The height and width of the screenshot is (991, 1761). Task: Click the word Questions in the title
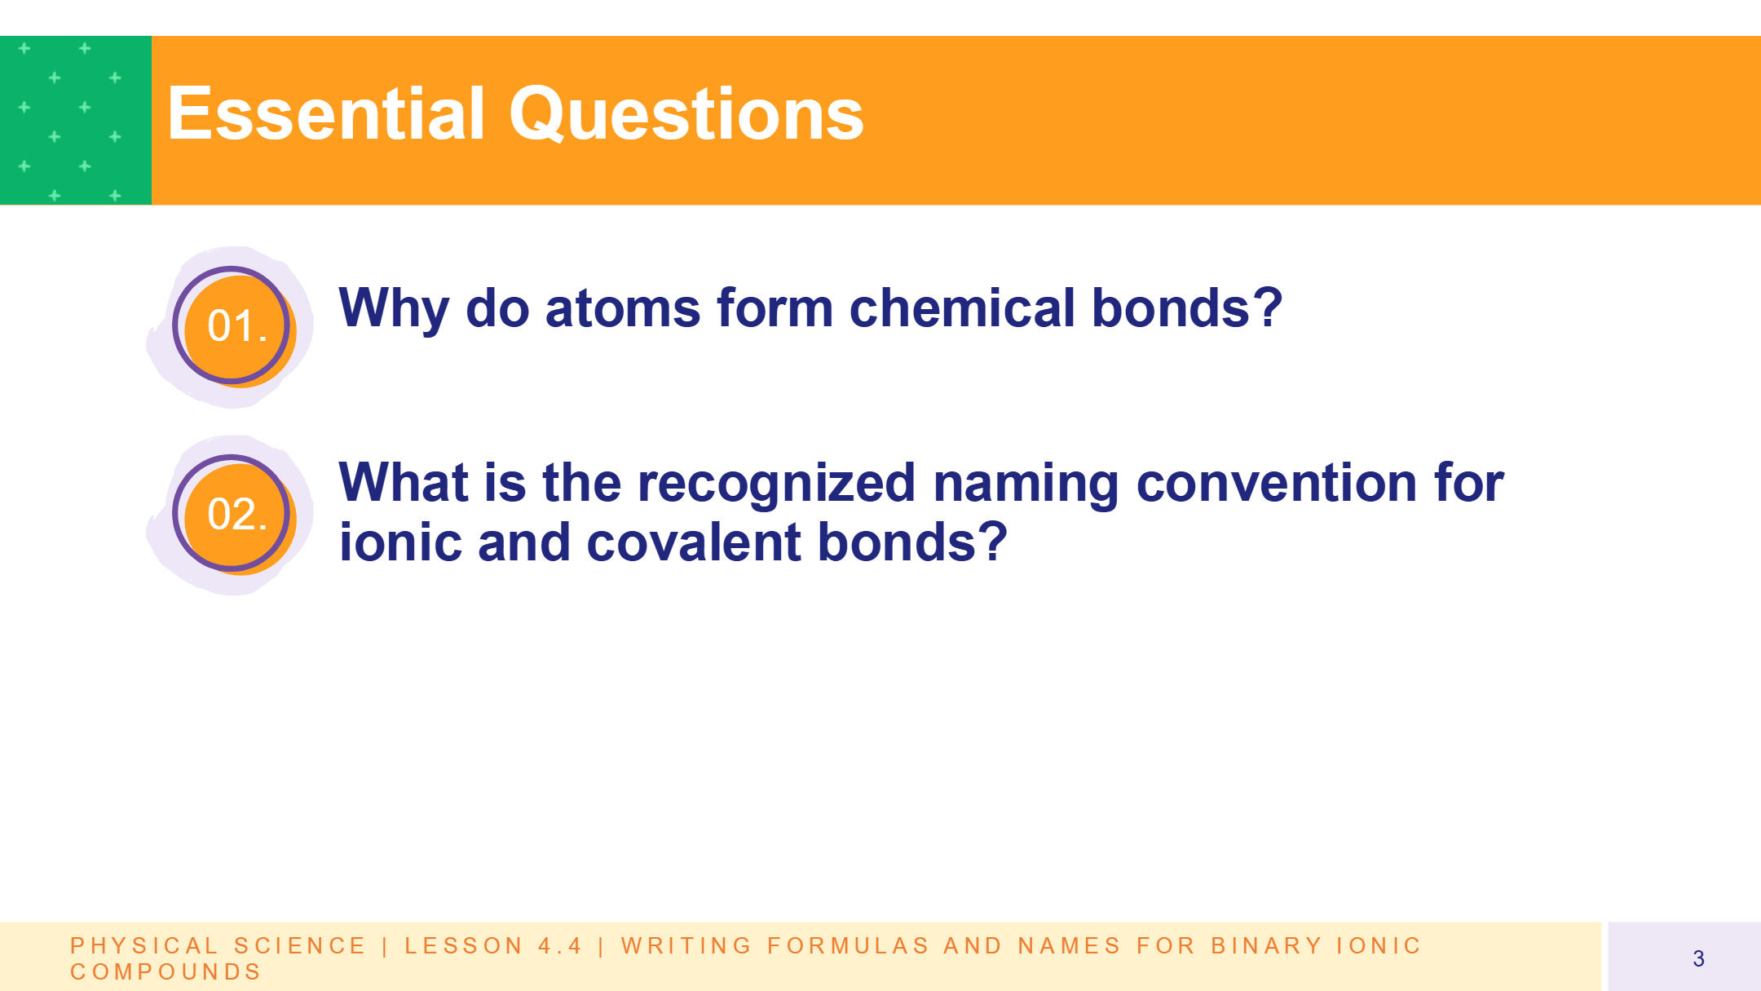click(686, 115)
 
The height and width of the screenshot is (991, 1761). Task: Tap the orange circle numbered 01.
click(236, 328)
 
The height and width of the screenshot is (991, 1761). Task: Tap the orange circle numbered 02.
click(236, 516)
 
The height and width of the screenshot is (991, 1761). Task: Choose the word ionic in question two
click(399, 542)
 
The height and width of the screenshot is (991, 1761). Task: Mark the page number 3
click(1698, 958)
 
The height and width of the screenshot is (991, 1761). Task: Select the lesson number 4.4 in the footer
click(560, 945)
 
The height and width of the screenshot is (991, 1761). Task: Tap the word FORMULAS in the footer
click(848, 945)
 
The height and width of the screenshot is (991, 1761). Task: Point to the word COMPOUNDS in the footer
click(166, 971)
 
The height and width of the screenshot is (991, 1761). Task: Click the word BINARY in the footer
click(1266, 945)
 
